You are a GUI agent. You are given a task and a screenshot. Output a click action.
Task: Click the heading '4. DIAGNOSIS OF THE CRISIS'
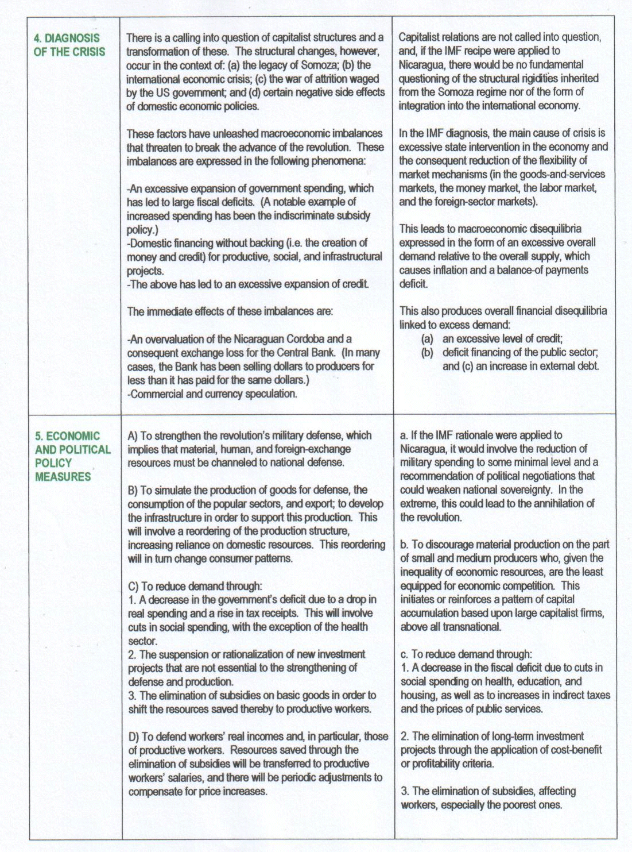tap(69, 45)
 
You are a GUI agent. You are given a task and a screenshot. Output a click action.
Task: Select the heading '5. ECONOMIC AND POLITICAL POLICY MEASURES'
tap(72, 456)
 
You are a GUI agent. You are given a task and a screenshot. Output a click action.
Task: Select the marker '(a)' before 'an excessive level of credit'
tap(427, 338)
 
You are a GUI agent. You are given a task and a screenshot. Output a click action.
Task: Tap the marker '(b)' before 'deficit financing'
tap(427, 352)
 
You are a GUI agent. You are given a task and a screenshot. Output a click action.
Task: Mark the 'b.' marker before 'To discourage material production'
tap(405, 544)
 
